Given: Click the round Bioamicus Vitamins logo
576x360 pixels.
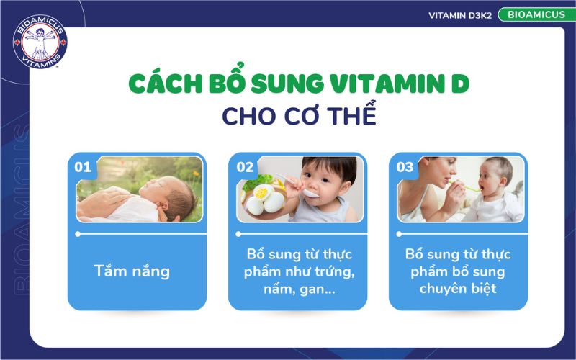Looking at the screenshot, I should [40, 41].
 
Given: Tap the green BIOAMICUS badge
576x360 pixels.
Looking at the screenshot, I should [531, 14].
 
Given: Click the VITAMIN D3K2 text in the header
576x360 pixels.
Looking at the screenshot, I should [460, 15].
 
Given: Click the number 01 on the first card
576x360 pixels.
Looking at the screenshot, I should [83, 168].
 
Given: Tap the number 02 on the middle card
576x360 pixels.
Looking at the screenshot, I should [245, 168].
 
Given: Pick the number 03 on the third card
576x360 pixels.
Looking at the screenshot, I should [405, 168].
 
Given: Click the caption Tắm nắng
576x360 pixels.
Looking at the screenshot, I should [132, 271].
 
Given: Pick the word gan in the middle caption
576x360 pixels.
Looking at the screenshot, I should [314, 289].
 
